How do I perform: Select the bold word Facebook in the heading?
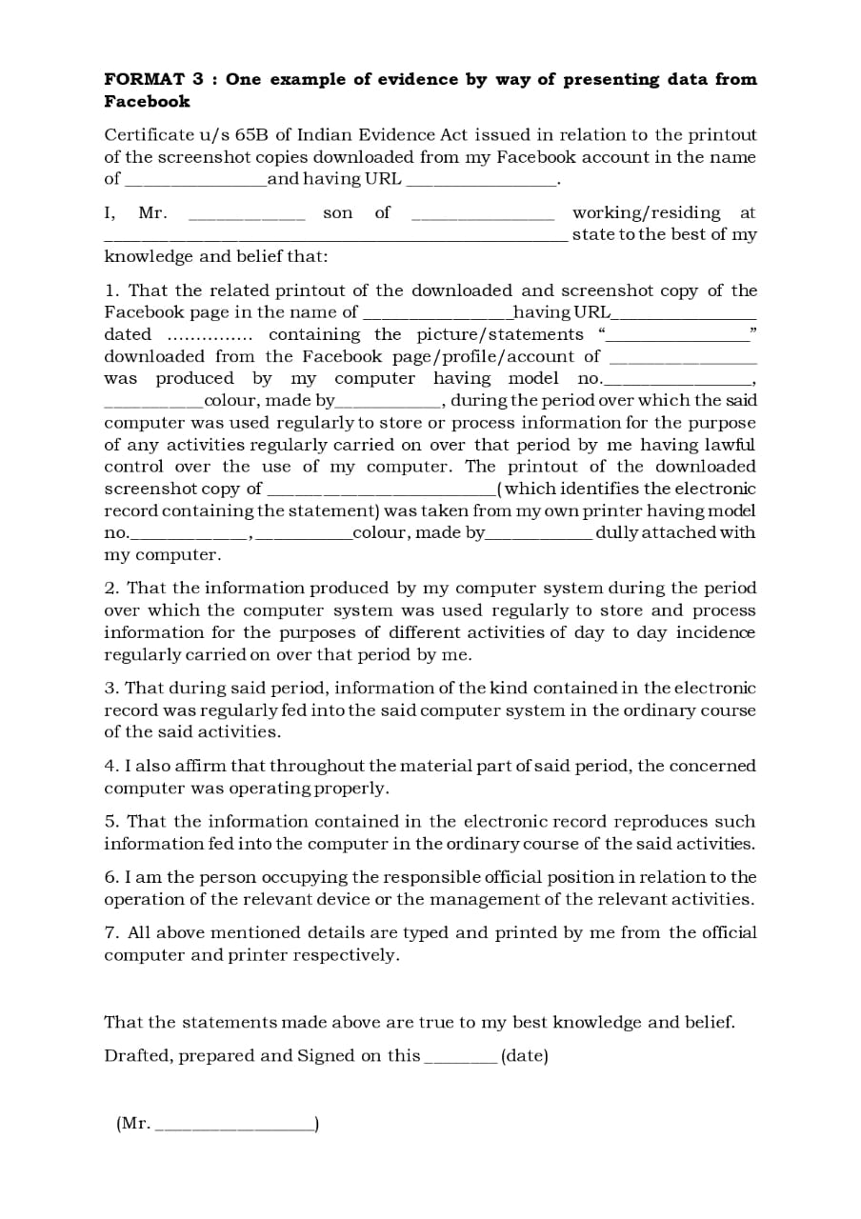[x=147, y=102]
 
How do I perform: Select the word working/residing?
[x=646, y=213]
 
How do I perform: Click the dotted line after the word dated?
[x=210, y=335]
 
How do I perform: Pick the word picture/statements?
[x=500, y=335]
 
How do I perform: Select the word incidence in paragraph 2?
[x=715, y=633]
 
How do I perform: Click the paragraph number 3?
[x=110, y=689]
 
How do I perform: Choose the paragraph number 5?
[x=110, y=822]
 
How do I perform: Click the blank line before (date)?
[x=460, y=1059]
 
